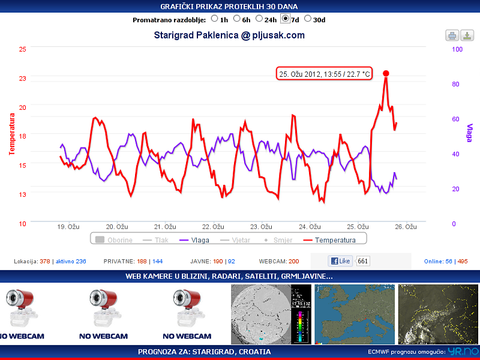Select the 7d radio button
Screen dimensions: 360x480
[x=286, y=19]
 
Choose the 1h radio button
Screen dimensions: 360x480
[x=215, y=19]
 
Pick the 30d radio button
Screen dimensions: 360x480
[x=308, y=19]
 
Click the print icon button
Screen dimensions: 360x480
[x=452, y=35]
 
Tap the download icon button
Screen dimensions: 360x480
[x=467, y=35]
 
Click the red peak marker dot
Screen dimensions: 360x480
[x=386, y=73]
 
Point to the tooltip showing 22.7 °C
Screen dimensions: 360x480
[x=325, y=74]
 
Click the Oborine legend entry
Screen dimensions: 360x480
[x=114, y=239]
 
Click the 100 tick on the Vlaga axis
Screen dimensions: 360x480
[x=457, y=49]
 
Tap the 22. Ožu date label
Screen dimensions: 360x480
[x=213, y=227]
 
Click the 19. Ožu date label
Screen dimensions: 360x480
[x=68, y=227]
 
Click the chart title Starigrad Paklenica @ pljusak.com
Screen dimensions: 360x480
[x=229, y=35]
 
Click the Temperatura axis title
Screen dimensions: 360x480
[x=11, y=134]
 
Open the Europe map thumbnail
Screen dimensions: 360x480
[x=354, y=314]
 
